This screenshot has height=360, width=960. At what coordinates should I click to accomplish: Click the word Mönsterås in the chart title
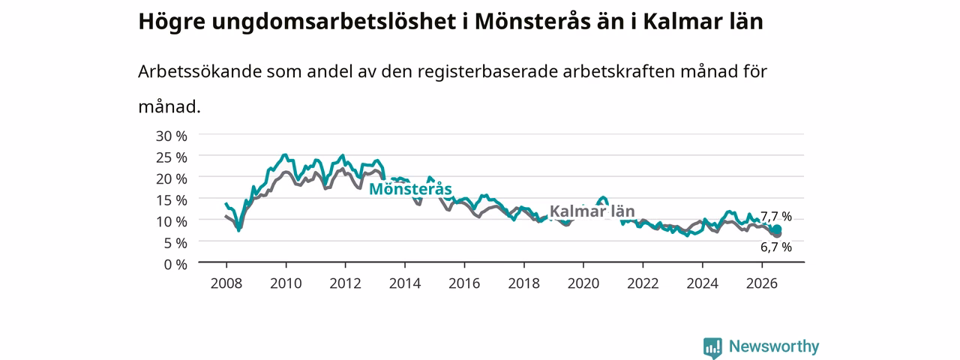532,22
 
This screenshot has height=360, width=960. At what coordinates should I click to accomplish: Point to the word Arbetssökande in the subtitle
199,71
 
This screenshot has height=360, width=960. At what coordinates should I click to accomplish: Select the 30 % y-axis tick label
172,136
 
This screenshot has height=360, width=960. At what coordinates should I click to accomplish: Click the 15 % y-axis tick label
172,200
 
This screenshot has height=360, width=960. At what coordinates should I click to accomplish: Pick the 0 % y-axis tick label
175,265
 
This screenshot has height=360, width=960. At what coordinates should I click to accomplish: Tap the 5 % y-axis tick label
175,243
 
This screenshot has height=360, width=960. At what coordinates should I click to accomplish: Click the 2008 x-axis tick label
226,283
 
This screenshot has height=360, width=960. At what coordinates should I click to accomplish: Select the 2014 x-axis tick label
405,283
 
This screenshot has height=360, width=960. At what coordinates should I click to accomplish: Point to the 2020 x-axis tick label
583,283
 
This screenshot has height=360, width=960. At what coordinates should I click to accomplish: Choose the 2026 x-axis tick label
762,283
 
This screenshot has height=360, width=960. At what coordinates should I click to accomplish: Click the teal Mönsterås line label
410,189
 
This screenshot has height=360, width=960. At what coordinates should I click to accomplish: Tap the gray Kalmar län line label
592,211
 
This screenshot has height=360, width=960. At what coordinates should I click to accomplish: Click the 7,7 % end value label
776,216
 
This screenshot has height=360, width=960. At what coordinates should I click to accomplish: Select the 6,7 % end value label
776,247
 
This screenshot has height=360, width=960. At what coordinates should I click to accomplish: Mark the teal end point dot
777,229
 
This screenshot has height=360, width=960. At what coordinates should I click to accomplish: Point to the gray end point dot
777,234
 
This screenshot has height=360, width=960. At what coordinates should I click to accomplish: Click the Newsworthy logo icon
712,347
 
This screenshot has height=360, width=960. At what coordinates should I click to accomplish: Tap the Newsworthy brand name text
774,346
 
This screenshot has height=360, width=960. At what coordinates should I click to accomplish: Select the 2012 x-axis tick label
346,283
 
